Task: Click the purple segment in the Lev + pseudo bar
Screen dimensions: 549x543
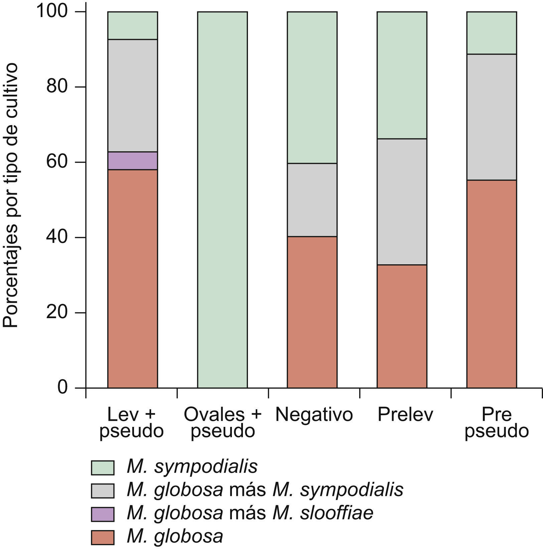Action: click(x=132, y=161)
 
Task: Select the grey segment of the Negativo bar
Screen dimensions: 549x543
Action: click(x=312, y=200)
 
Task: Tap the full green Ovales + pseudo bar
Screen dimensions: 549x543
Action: click(x=222, y=200)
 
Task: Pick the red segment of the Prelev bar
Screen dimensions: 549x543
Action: click(x=402, y=326)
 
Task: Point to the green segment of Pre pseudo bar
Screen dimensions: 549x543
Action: click(x=492, y=33)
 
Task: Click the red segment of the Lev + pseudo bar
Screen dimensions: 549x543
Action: click(x=132, y=279)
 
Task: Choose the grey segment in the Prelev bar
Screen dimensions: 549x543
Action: click(x=402, y=202)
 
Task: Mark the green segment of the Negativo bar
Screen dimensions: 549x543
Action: click(x=312, y=87)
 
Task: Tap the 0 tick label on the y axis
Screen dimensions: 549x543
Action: click(x=62, y=388)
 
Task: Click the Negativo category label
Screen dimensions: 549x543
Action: click(x=314, y=415)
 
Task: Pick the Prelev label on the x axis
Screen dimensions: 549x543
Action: click(x=405, y=415)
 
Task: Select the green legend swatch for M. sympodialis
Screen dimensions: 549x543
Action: click(x=103, y=467)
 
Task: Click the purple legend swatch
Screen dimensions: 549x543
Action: click(x=103, y=514)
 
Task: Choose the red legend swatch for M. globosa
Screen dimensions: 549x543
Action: click(x=103, y=538)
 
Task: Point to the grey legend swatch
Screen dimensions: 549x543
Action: click(x=103, y=491)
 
